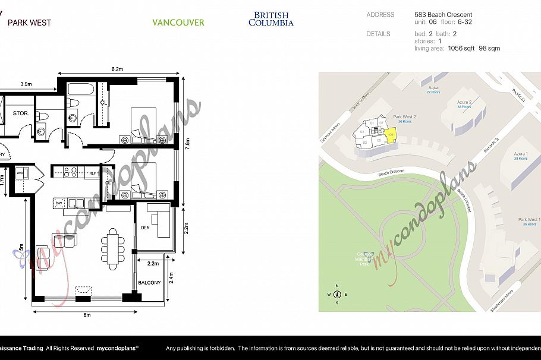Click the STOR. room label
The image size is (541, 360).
coord(21,113)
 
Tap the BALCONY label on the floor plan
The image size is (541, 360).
coord(150,283)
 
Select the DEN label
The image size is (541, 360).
coord(146,226)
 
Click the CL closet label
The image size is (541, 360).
coord(103,102)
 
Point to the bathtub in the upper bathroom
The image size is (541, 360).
coord(81,90)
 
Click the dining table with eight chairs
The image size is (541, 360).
coord(113,245)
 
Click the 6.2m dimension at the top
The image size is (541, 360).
coord(117,70)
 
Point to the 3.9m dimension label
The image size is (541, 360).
coord(26,84)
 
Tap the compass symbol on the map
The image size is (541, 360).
coord(337,294)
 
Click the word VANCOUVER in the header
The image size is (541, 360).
coord(178,23)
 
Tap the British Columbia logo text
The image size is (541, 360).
coord(270,19)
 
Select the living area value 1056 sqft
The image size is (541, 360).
coord(461,48)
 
